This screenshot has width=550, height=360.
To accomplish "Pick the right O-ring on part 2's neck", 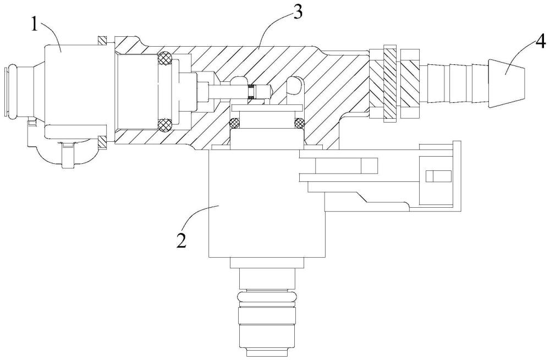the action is (299, 123).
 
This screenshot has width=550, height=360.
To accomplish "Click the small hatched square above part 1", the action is (102, 41).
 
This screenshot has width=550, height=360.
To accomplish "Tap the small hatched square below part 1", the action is (102, 142).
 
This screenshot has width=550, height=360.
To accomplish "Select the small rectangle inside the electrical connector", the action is (435, 176).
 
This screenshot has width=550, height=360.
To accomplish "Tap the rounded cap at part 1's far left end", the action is (10, 92).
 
